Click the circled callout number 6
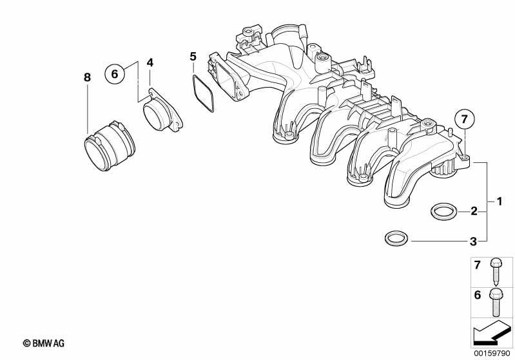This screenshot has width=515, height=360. click(115, 73)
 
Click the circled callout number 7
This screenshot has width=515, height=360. click(464, 118)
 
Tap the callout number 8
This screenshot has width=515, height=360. click(87, 77)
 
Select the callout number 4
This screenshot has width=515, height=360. click(150, 62)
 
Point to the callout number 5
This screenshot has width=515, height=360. click(193, 57)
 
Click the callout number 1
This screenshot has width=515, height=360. click(500, 201)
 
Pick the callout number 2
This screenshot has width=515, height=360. click(474, 211)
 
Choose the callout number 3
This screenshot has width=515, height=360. click(473, 242)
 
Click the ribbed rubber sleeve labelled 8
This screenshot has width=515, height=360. click(109, 146)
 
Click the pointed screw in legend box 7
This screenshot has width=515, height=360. click(495, 271)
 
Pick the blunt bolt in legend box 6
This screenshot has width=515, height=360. click(495, 301)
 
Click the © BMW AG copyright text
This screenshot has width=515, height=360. click(44, 343)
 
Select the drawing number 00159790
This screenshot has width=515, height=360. click(492, 354)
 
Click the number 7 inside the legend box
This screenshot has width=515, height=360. click(477, 265)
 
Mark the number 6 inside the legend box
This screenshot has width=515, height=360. click(477, 295)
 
